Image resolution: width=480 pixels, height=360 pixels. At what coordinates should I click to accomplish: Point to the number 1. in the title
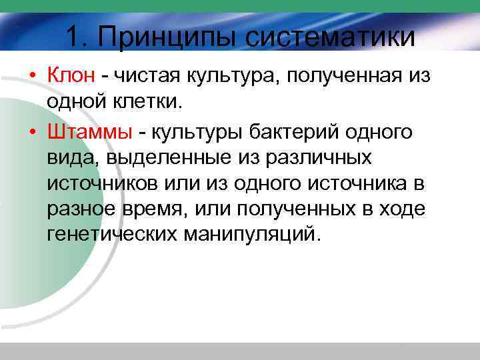[79, 36]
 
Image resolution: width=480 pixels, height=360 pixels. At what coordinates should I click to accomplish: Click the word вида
[66, 159]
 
